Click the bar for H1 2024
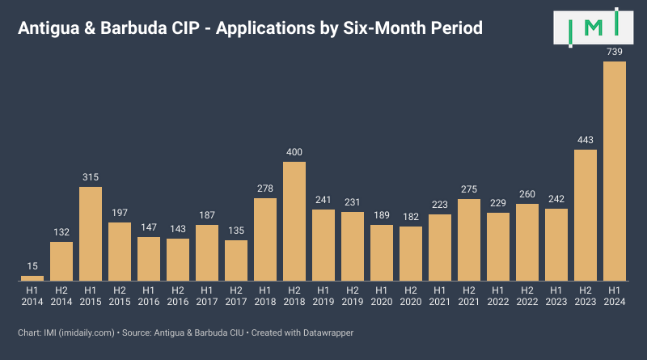(615, 172)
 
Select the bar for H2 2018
(294, 221)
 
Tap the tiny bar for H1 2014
(32, 277)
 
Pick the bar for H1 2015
(91, 234)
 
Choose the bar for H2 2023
(586, 215)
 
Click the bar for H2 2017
(236, 260)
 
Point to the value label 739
(615, 52)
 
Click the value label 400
(294, 152)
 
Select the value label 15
(32, 266)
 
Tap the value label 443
(586, 140)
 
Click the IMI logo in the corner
(594, 28)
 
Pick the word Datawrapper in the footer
(328, 332)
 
